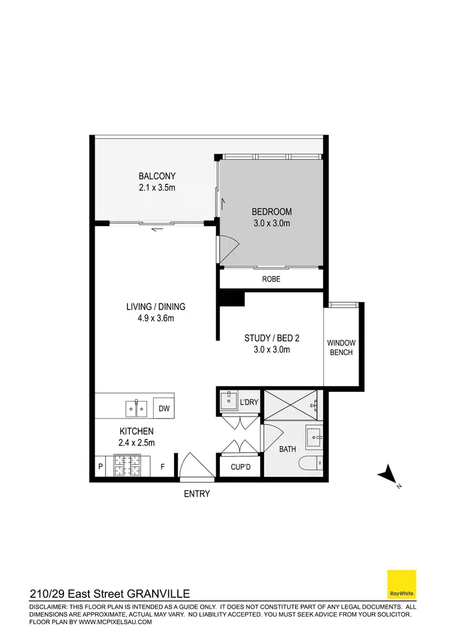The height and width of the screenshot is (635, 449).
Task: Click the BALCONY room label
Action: [157, 176]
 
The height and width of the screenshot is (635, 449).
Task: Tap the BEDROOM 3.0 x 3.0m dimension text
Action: [271, 224]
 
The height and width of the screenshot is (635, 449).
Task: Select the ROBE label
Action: [271, 279]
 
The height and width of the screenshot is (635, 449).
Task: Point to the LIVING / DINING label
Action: [156, 306]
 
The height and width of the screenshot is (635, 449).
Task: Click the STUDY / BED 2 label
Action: [272, 338]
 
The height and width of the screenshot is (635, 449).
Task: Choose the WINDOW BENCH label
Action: [341, 348]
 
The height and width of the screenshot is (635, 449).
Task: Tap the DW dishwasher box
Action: [163, 408]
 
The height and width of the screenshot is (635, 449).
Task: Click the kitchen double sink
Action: [137, 408]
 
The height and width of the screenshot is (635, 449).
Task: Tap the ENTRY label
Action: [197, 494]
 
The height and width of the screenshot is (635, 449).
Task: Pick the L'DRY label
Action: [248, 402]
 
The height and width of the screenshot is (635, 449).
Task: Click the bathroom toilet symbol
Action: [312, 463]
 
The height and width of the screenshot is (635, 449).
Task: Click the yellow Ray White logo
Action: [402, 584]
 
